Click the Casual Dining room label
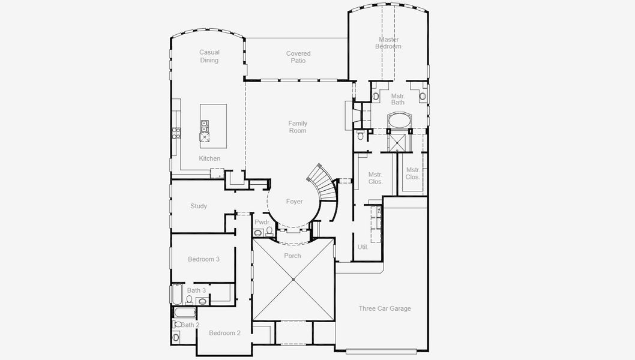point(209,56)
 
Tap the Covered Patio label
point(298,57)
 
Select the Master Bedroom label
point(388,43)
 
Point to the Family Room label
point(298,127)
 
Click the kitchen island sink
point(205,125)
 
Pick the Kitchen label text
point(209,158)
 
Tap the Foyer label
point(294,202)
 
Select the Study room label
point(199,206)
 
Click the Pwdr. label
point(262,222)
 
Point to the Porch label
point(293,256)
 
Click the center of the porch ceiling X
point(293,279)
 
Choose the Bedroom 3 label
point(203,259)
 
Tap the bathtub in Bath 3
point(178,294)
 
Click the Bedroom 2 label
point(224,333)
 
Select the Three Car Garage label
point(385,308)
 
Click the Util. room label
point(363,247)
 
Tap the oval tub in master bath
point(398,121)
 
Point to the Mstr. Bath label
point(398,99)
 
